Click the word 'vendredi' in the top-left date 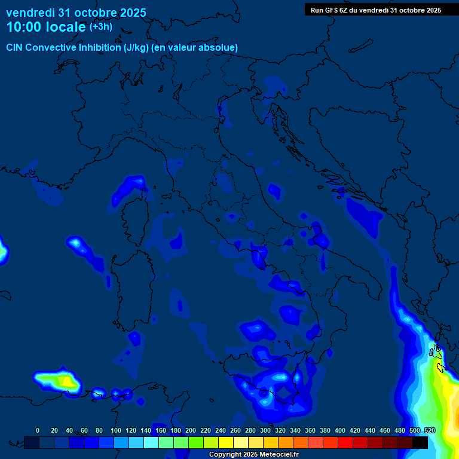coord(30,13)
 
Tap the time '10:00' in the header coord(25,27)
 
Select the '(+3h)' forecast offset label coord(100,27)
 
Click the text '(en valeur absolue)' coord(196,47)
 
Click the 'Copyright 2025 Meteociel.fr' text coord(254,455)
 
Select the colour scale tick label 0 coord(38,430)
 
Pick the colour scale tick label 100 coord(116,430)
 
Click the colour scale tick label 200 coord(191,430)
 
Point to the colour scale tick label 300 coord(265,430)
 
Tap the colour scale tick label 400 coord(340,430)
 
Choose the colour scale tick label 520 coord(430,430)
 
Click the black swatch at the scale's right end coord(420,442)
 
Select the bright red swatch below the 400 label coord(345,442)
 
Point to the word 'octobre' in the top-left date coord(99,13)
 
